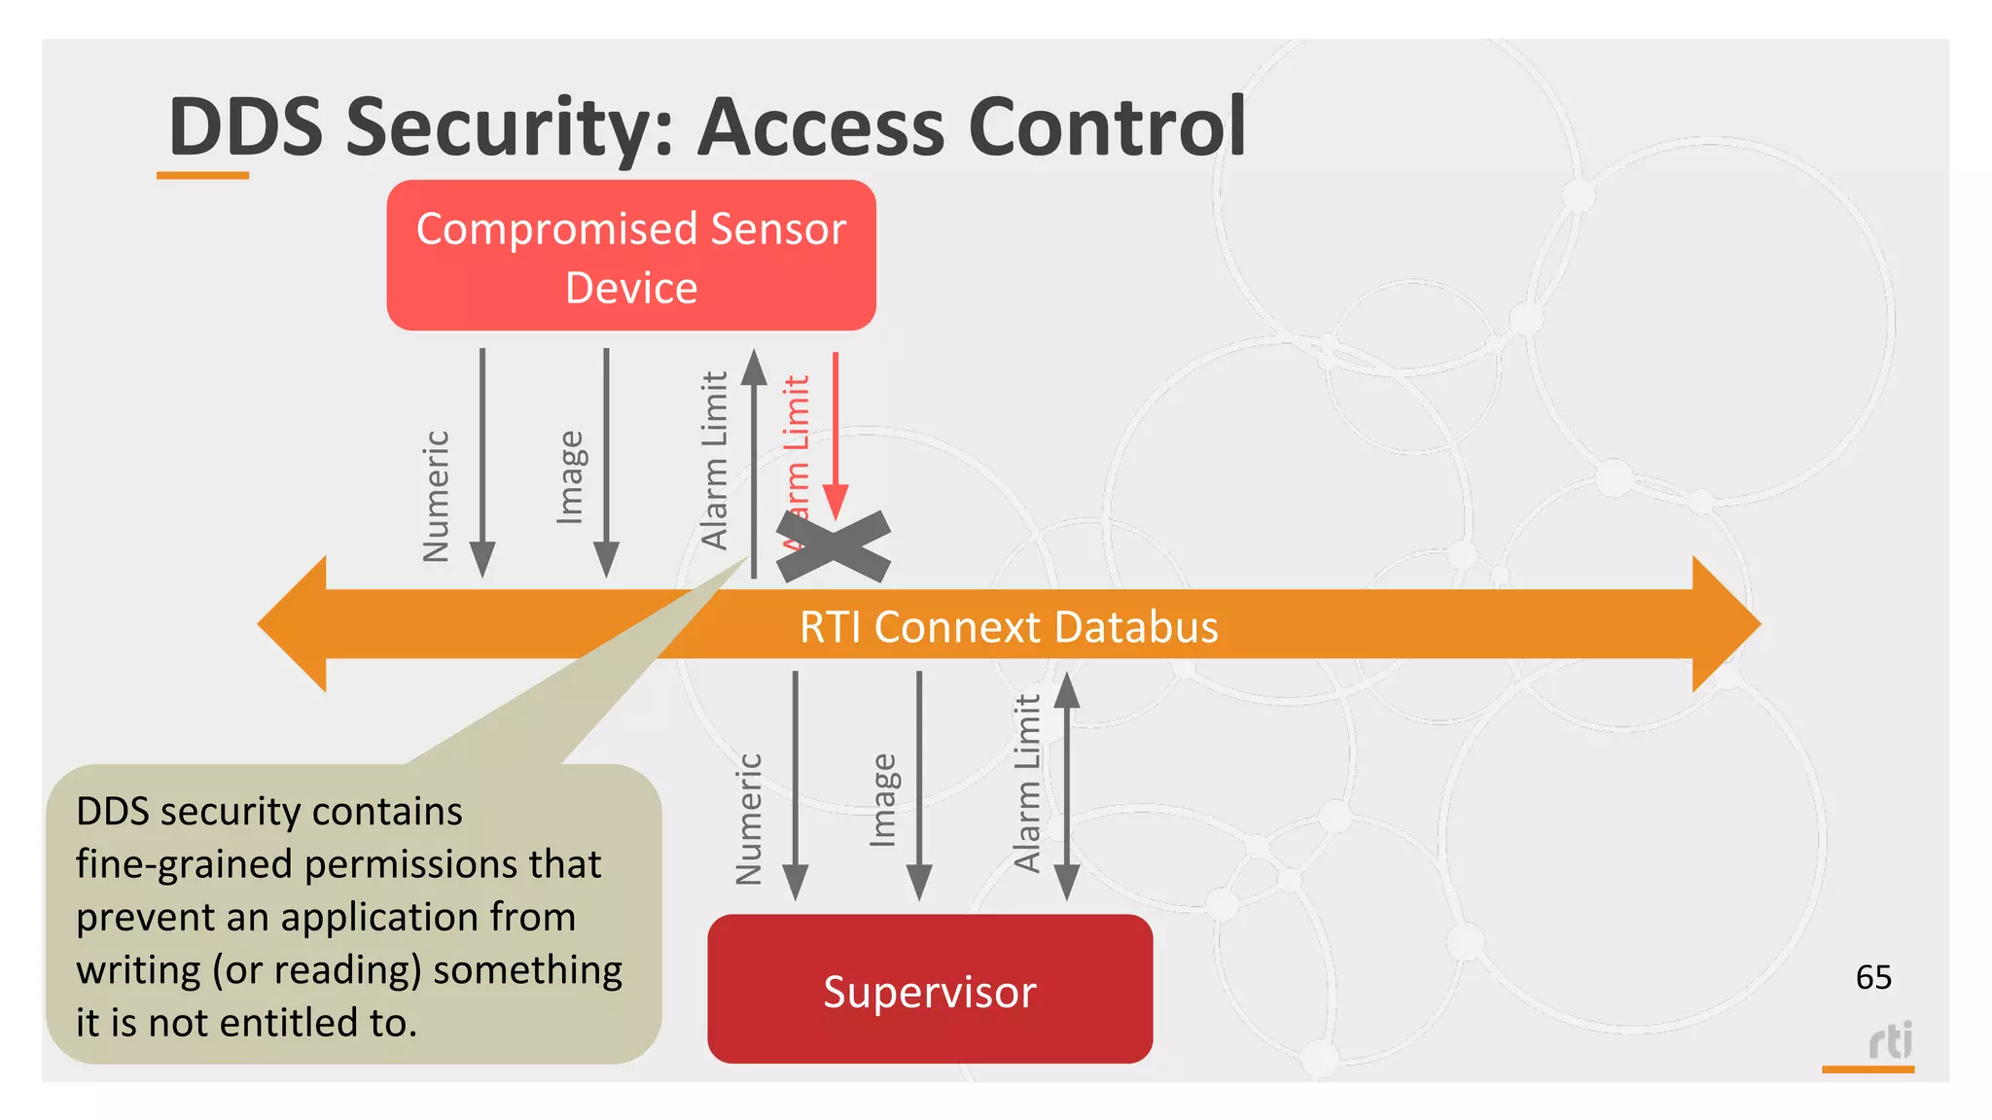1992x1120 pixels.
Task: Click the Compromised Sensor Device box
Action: (631, 256)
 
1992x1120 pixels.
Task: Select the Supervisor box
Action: (930, 990)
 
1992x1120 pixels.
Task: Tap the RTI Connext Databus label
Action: (1009, 627)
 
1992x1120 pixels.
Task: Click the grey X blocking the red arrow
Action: (834, 547)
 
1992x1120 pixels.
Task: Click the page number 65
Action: (1873, 977)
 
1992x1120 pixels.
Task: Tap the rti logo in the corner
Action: (1890, 1041)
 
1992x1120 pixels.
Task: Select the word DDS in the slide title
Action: (245, 127)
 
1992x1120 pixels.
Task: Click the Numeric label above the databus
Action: (437, 496)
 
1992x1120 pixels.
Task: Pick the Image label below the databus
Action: (882, 799)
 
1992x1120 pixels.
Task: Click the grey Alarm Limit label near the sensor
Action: (715, 461)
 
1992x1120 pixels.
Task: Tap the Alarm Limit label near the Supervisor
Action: (1027, 783)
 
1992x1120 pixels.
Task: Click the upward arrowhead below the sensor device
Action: (754, 367)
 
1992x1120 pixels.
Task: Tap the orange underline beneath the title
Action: (202, 176)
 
